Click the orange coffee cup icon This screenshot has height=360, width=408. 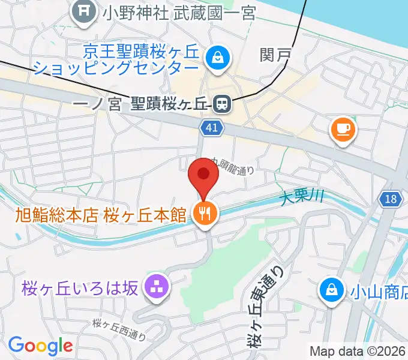click(343, 129)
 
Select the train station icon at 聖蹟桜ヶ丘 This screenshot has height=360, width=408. click(221, 105)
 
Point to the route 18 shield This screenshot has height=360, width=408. click(391, 199)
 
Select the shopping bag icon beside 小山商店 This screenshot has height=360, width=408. click(331, 290)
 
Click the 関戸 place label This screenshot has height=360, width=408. click(275, 55)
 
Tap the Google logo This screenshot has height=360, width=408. click(40, 346)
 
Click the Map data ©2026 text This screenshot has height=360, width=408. click(357, 352)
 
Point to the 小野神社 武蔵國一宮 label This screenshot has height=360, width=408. click(178, 13)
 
